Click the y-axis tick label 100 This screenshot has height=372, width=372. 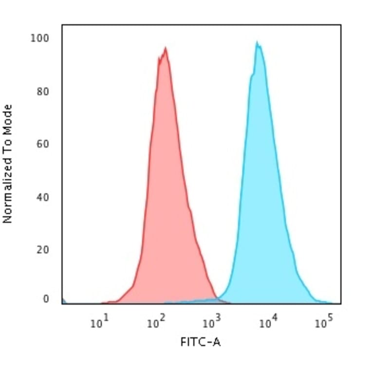pyautogui.click(x=40, y=38)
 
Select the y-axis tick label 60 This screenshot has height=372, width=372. pyautogui.click(x=42, y=145)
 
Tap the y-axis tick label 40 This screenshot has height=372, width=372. pyautogui.click(x=42, y=198)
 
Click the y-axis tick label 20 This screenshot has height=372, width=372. pyautogui.click(x=42, y=250)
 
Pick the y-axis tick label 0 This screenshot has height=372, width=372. pyautogui.click(x=46, y=299)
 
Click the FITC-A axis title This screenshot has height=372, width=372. pyautogui.click(x=200, y=342)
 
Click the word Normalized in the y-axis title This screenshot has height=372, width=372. pyautogui.click(x=7, y=187)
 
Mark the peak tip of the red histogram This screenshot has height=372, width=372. pyautogui.click(x=166, y=48)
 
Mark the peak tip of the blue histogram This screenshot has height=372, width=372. pyautogui.click(x=257, y=43)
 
